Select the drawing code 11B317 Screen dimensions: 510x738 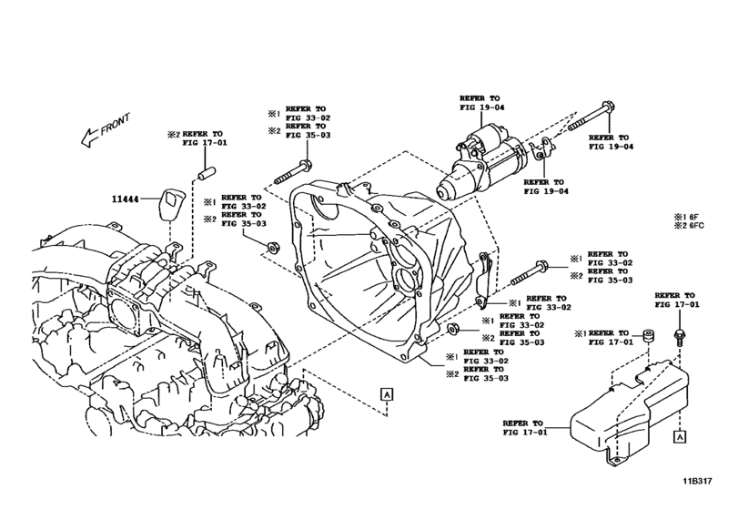(x=703, y=497)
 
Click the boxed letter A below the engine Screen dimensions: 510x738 (x=387, y=393)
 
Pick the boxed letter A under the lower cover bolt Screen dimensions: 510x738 (x=678, y=437)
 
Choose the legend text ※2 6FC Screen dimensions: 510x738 (x=690, y=227)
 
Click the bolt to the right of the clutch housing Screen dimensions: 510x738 (x=531, y=271)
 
